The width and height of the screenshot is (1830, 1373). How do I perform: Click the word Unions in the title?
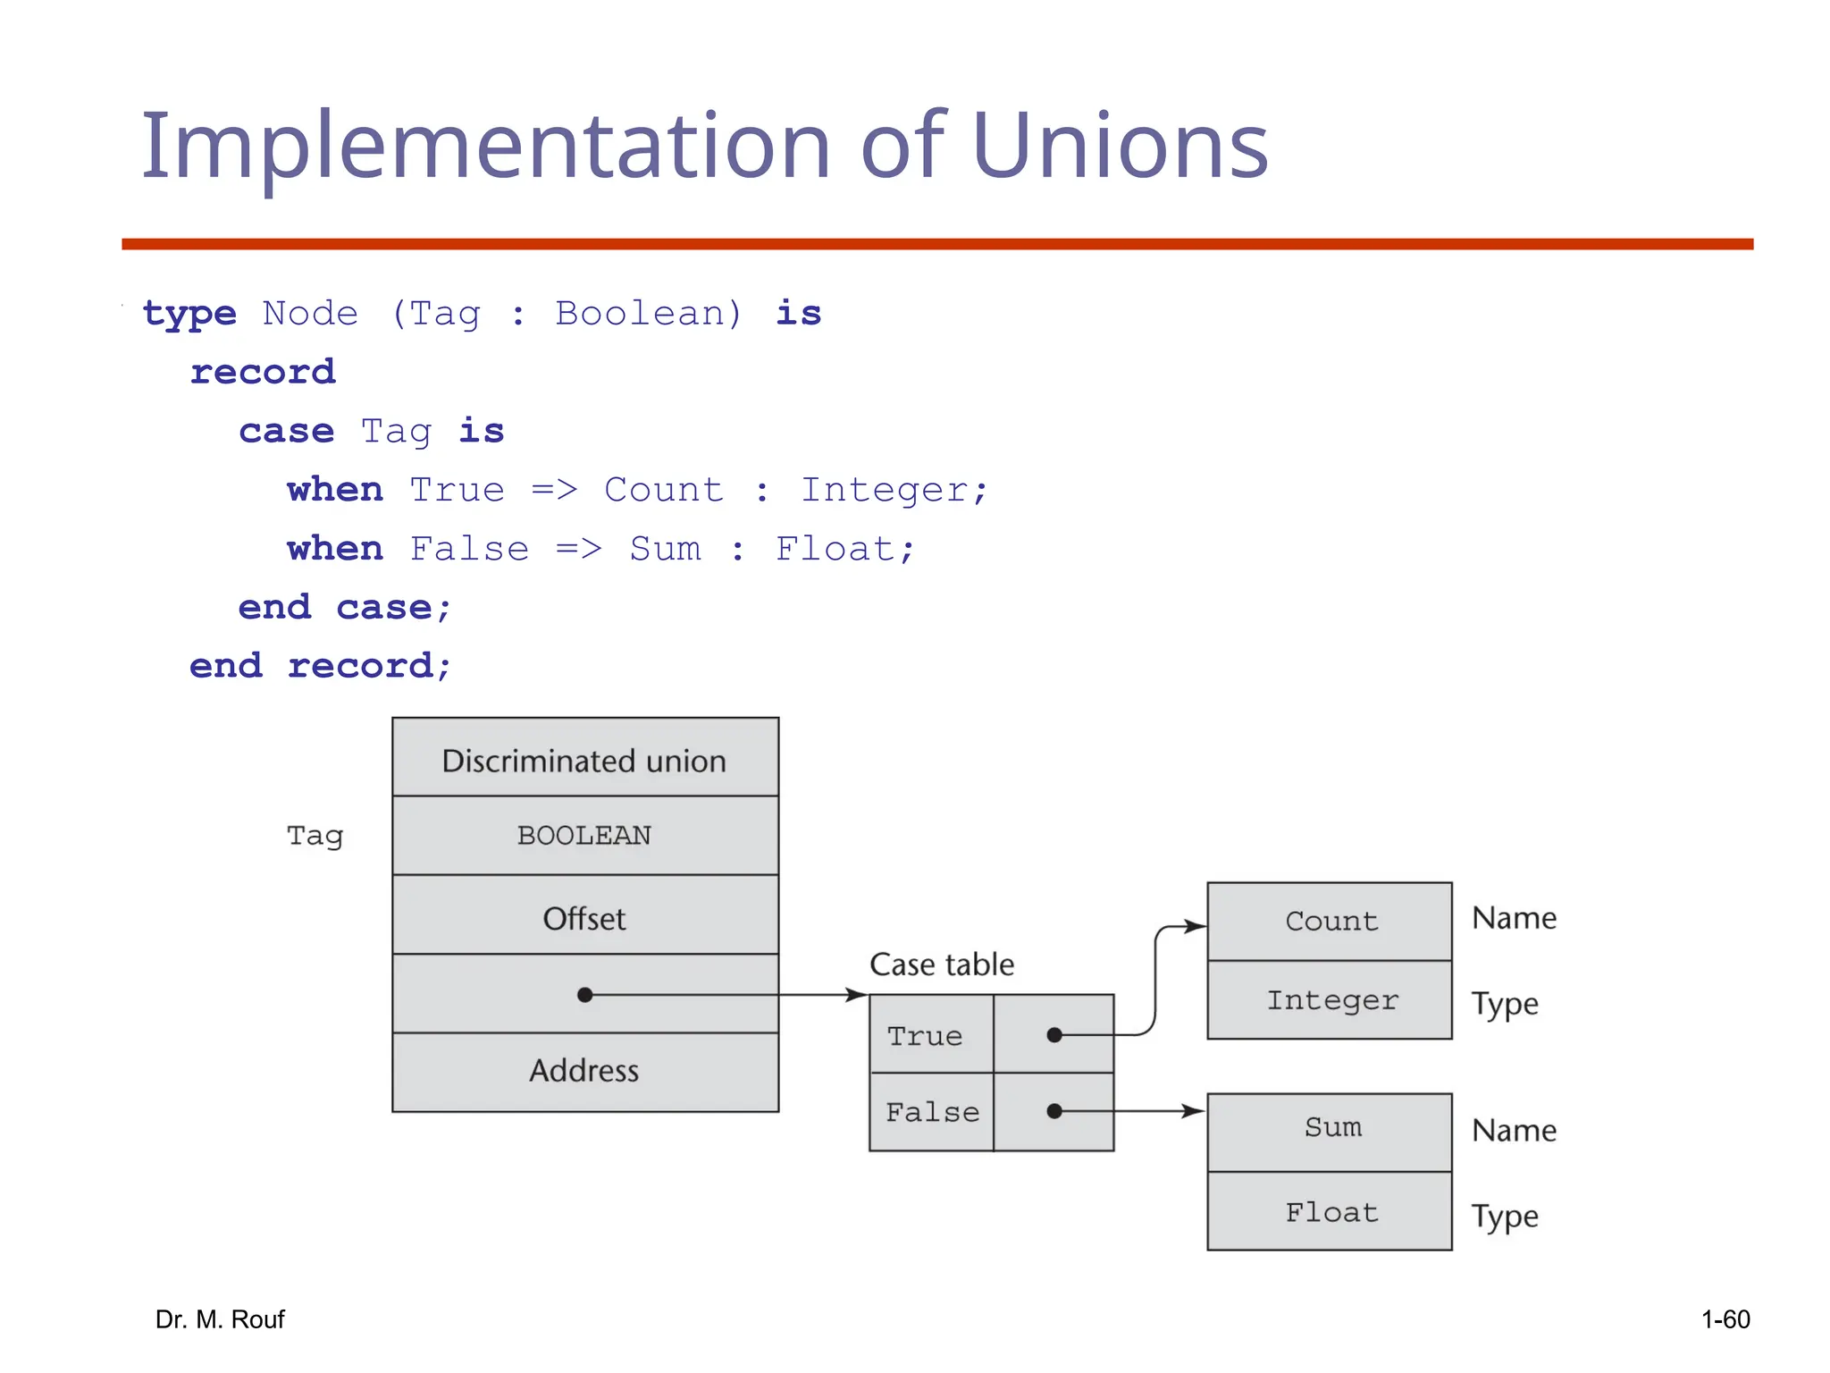[x=1119, y=146]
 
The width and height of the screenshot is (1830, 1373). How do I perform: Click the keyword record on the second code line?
[x=263, y=372]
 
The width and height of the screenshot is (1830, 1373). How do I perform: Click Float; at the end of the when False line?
[x=844, y=549]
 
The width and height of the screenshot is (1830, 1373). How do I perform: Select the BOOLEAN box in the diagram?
[x=584, y=836]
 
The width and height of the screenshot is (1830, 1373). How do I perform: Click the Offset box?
[x=584, y=917]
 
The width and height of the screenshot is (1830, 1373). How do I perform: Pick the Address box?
[x=584, y=1071]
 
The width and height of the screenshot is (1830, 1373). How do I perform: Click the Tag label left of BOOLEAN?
[x=315, y=837]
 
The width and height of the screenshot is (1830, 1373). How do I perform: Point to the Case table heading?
[x=942, y=964]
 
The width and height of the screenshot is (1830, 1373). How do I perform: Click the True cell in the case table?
[x=926, y=1036]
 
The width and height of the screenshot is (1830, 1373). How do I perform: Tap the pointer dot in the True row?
[x=1054, y=1035]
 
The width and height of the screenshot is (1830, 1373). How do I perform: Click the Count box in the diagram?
[x=1331, y=922]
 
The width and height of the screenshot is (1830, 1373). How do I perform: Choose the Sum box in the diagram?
[x=1331, y=1128]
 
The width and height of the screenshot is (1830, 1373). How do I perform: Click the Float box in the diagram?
[x=1331, y=1213]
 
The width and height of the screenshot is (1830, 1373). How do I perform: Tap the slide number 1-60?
[x=1725, y=1319]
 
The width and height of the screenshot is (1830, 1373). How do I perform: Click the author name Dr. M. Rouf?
[x=220, y=1319]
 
